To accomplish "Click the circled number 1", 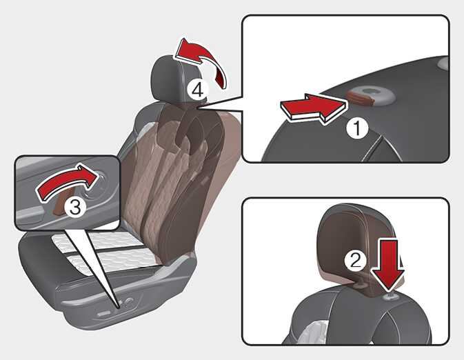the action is [x=357, y=128].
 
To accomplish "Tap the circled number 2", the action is [x=355, y=261].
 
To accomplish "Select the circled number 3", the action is [x=75, y=207].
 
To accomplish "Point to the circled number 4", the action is [x=198, y=90].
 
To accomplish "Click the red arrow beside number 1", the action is [x=313, y=109].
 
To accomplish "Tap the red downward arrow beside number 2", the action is [x=389, y=264].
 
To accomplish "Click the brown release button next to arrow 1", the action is [x=361, y=99].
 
